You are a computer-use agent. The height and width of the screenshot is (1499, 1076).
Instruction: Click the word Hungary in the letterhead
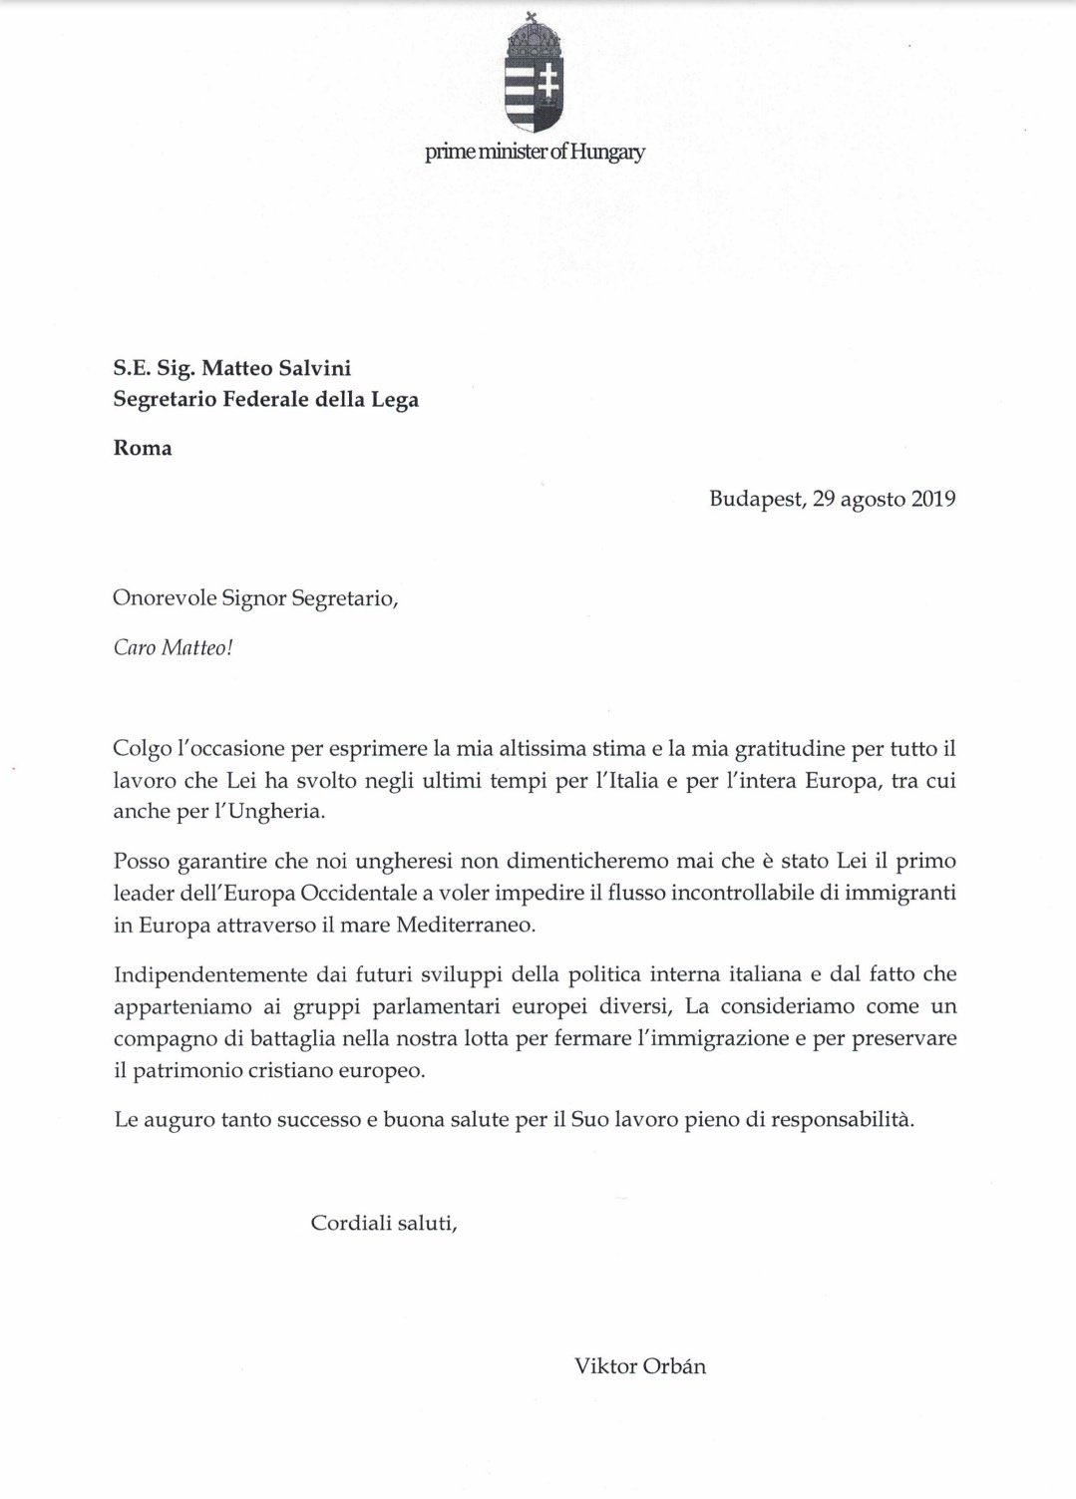tap(610, 153)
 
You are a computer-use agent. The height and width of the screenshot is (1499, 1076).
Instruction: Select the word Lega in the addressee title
tap(394, 400)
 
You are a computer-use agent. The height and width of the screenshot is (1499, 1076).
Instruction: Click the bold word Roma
tap(143, 448)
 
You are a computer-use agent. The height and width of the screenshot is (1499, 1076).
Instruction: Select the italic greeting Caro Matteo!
tap(173, 647)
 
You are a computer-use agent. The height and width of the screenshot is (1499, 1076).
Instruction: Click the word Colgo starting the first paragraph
tap(143, 748)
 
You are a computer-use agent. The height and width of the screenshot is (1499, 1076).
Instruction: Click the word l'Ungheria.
tap(268, 811)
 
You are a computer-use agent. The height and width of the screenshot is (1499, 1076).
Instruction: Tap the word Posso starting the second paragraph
tap(142, 861)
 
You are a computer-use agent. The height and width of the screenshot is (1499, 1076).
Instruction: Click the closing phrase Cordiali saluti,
tap(384, 1222)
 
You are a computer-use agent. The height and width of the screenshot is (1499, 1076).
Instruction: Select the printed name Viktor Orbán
tap(639, 1366)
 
